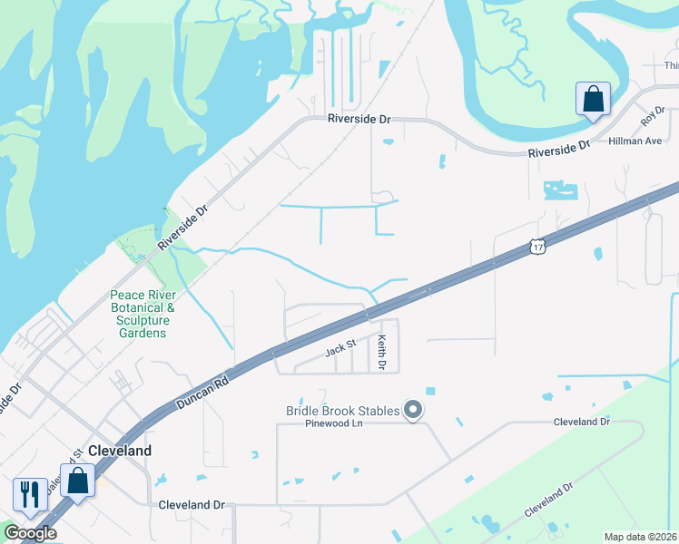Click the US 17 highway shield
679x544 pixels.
[x=537, y=247]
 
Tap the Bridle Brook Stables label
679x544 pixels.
[x=342, y=411]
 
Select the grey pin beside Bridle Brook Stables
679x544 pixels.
[x=413, y=412]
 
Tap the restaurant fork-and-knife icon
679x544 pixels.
[x=29, y=494]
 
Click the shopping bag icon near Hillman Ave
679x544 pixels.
[x=593, y=99]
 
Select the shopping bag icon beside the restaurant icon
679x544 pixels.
[x=77, y=480]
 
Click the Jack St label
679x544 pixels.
[x=339, y=348]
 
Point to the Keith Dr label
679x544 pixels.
[x=382, y=353]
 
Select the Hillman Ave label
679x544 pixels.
[x=635, y=141]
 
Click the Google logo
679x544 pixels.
[x=30, y=533]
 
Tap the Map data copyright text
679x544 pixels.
[x=641, y=537]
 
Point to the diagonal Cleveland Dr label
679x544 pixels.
[x=549, y=500]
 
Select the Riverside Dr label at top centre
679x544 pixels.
[x=359, y=119]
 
